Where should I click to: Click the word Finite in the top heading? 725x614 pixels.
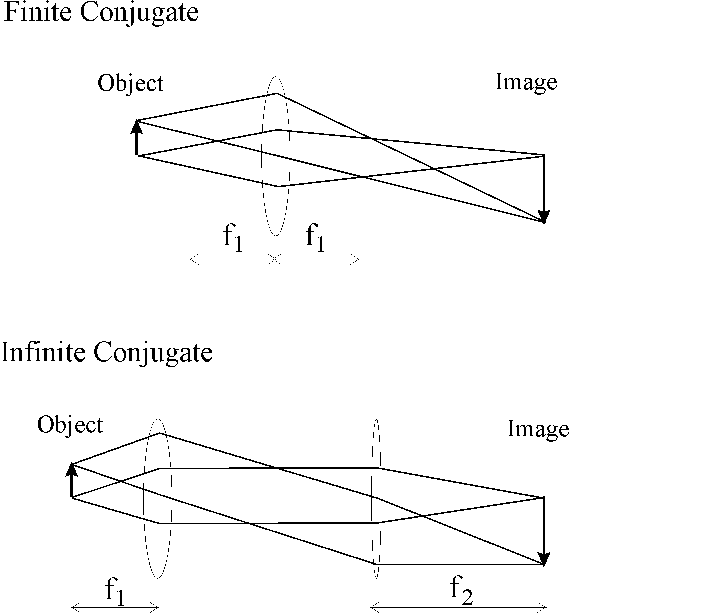click(x=38, y=12)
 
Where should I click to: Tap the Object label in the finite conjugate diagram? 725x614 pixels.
click(x=130, y=83)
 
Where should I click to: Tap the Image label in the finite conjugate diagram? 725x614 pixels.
click(x=525, y=82)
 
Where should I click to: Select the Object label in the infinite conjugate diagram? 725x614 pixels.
click(x=70, y=425)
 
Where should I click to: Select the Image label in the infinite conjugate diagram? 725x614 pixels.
click(x=538, y=429)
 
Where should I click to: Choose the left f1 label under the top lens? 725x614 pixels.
click(x=233, y=237)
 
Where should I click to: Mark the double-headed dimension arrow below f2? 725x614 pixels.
click(x=458, y=608)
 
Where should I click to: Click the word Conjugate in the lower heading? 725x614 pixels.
click(x=153, y=353)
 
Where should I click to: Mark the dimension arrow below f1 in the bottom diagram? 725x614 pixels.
click(x=115, y=608)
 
